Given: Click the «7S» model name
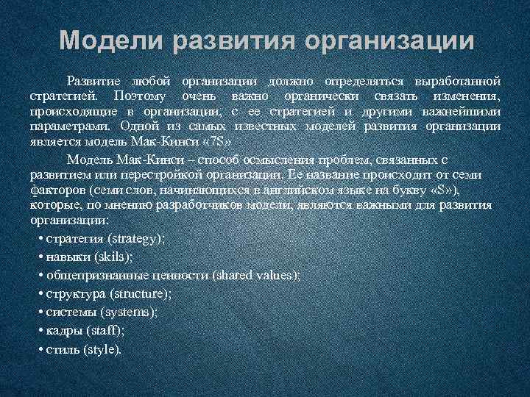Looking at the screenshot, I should pos(218,140).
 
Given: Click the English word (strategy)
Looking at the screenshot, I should pos(137,239).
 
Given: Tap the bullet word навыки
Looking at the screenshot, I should pos(65,257).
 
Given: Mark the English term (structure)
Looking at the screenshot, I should pos(141,293).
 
